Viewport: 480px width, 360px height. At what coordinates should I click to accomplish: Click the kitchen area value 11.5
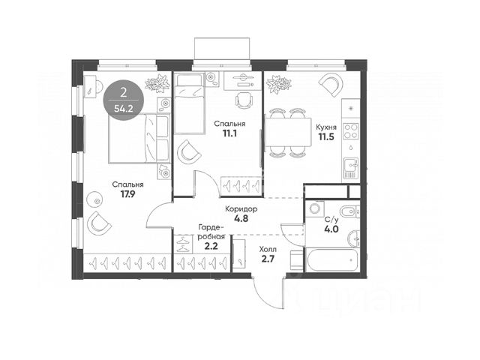click(x=326, y=136)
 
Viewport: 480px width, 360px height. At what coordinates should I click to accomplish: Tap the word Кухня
click(x=326, y=127)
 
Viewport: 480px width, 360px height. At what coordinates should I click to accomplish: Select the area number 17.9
click(x=127, y=194)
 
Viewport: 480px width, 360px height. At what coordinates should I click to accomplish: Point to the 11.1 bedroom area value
click(x=229, y=133)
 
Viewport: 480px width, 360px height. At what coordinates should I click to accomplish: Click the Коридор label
click(x=241, y=209)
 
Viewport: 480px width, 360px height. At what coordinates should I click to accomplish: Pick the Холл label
click(x=268, y=249)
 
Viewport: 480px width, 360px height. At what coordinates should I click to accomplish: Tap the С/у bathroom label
click(x=331, y=220)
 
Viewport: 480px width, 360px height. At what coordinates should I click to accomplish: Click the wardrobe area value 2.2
click(x=211, y=246)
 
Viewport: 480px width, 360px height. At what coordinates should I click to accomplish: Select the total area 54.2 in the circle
click(x=124, y=109)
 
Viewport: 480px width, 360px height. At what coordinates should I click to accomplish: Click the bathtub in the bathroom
click(x=332, y=260)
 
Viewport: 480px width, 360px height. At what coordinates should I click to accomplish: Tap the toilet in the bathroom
click(x=350, y=211)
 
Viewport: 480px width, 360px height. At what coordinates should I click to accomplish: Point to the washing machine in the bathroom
click(x=315, y=208)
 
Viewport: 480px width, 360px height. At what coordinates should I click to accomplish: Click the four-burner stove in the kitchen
click(x=350, y=131)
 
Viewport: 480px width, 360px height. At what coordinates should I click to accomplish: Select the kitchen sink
click(x=351, y=168)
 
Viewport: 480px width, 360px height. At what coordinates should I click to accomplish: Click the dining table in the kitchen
click(x=288, y=132)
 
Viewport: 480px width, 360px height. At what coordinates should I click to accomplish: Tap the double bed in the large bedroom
click(x=139, y=138)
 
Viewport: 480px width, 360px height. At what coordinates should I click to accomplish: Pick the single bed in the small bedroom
click(x=189, y=103)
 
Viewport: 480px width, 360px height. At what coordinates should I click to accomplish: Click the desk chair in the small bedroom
click(x=244, y=100)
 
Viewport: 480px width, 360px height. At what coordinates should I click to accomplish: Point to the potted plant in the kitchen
click(x=278, y=83)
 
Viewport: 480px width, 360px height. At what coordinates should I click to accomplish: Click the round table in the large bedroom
click(x=97, y=201)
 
